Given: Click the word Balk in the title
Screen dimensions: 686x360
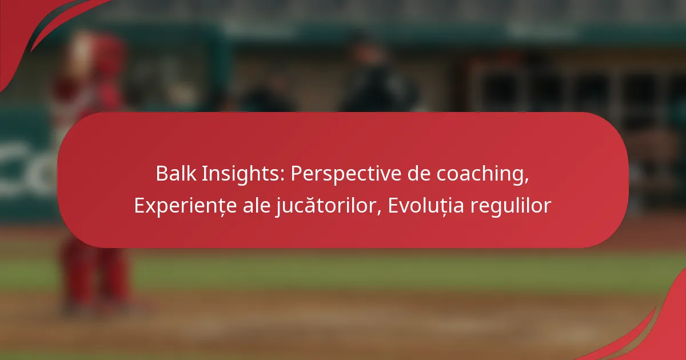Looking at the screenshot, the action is coord(176,173).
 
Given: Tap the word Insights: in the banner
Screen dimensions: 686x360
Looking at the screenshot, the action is coord(243,174).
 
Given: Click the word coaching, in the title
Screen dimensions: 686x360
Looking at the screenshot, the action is coord(482,174).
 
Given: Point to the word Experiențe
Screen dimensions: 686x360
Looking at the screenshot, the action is coord(185,206).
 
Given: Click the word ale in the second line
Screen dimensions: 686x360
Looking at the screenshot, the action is coord(257,205).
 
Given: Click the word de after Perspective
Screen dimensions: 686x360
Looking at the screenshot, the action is coord(418,173).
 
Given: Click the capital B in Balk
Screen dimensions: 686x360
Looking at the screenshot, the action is coord(162,174).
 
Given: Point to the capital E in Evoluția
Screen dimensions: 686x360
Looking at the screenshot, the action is coord(393,205).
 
